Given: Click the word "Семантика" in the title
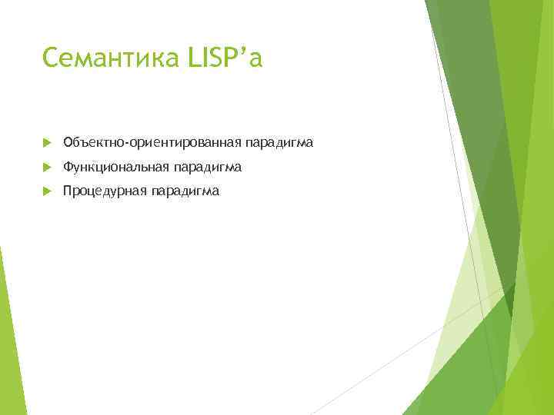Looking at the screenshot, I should point(111,58).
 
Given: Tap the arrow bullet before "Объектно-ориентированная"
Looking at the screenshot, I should point(46,143).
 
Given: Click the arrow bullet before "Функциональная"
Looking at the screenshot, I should point(46,167).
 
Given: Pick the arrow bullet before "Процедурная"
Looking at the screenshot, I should point(46,191).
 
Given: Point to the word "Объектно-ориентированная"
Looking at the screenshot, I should point(152,142).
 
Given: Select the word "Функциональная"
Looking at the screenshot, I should point(117,167).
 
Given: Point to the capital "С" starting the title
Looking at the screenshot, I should point(51,58).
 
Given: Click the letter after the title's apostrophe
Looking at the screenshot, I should point(256,61).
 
